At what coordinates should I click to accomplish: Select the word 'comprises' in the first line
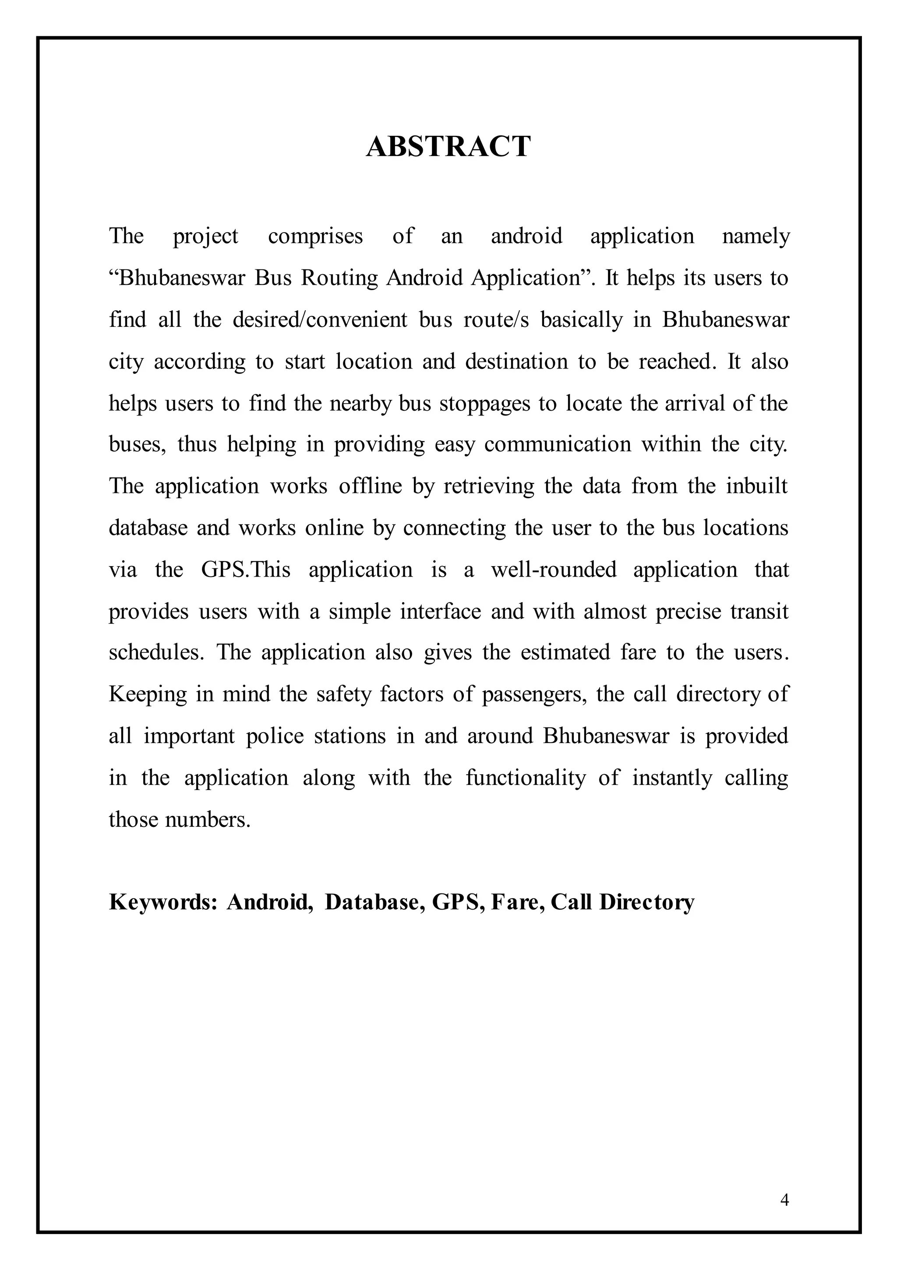point(315,237)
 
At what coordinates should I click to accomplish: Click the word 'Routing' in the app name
point(339,277)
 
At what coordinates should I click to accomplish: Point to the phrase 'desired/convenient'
point(320,319)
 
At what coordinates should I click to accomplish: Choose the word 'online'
point(334,528)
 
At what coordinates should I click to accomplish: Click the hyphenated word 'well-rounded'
point(554,569)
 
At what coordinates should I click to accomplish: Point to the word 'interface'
point(440,611)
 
